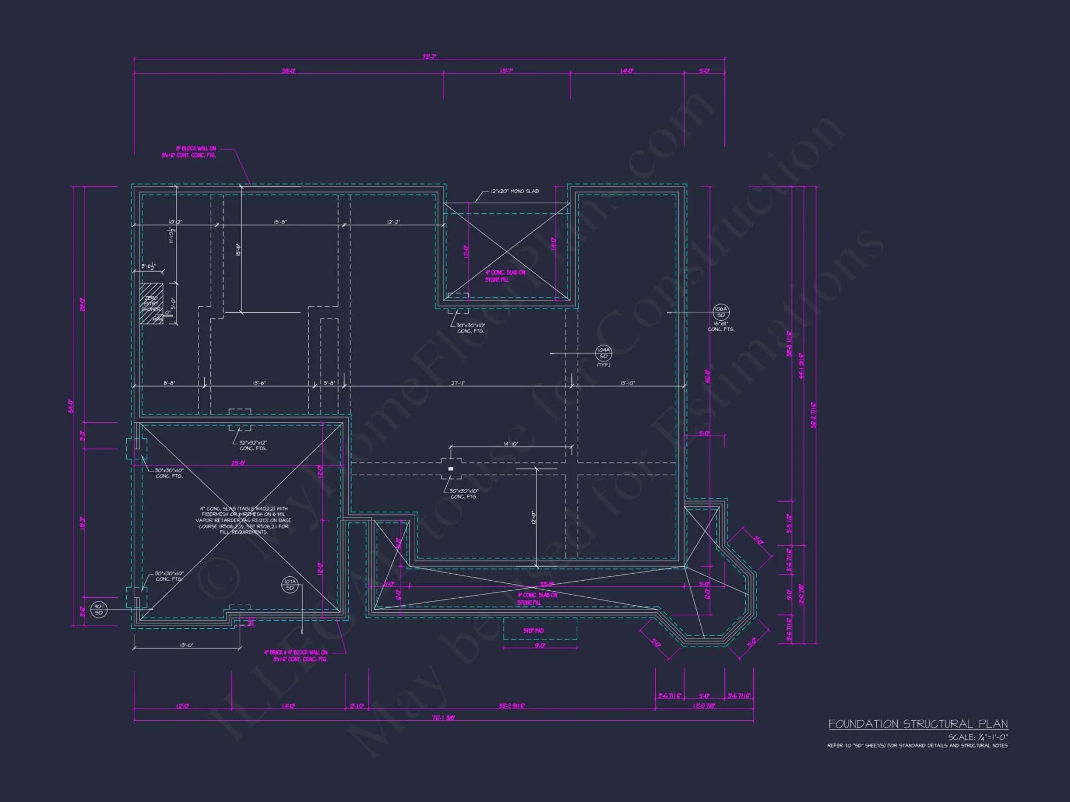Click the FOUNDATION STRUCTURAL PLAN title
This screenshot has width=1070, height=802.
[918, 724]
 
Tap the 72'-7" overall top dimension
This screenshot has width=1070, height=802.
[429, 57]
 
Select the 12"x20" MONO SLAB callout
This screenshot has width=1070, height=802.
[514, 191]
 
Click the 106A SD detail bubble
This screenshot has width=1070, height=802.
[721, 312]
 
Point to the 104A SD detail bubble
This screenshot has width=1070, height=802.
[603, 353]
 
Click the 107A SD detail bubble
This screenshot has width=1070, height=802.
[289, 584]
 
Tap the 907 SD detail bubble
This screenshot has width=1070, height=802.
[99, 610]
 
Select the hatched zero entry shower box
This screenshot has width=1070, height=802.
[151, 303]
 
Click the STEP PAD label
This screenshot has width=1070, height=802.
[533, 631]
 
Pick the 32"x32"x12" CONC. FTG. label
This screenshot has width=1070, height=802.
[253, 445]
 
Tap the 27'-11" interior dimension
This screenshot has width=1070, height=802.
[458, 383]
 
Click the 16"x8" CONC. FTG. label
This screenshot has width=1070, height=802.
[721, 326]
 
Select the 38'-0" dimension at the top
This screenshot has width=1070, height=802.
[289, 71]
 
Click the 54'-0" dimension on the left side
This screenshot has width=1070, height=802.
[71, 406]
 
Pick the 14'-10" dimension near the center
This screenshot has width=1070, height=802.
[511, 444]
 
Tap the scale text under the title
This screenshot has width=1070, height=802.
[978, 737]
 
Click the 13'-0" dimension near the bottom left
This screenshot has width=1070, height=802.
[186, 645]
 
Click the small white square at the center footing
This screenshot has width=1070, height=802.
[451, 469]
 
